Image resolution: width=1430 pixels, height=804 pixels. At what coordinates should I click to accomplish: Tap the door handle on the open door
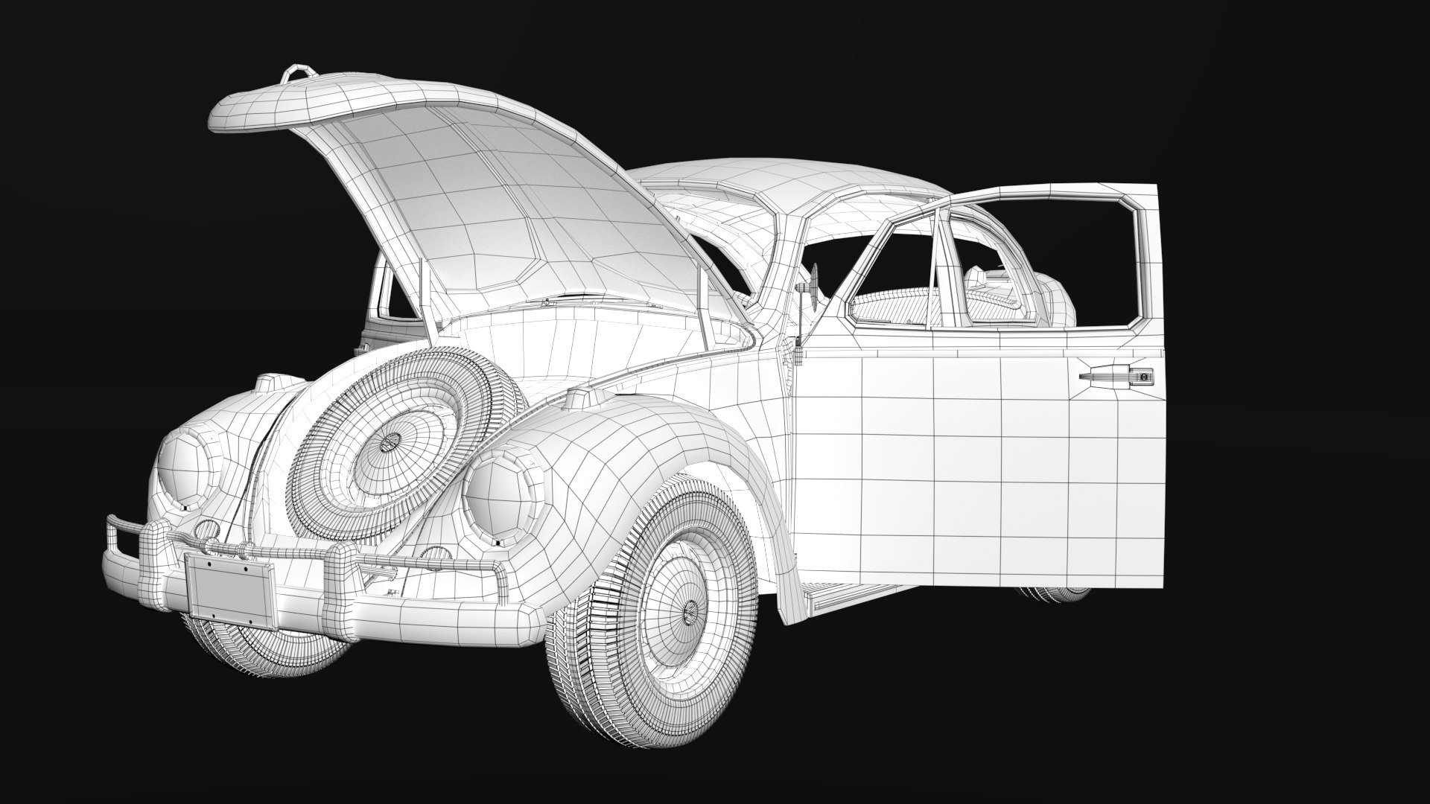point(1116,377)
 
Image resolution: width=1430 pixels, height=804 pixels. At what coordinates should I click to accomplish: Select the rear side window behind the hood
point(393,294)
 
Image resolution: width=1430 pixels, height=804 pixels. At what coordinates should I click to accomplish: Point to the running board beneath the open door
point(842,596)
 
